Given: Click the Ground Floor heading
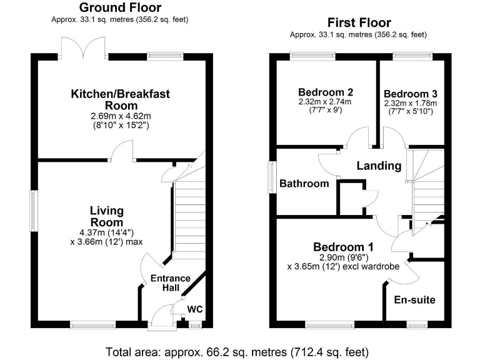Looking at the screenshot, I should (120, 8).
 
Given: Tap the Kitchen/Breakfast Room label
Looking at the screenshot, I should (120, 99).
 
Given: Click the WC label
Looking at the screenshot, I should (195, 309).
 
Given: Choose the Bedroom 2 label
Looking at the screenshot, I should (325, 90).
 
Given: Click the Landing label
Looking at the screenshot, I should (379, 166).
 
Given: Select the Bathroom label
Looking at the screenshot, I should (304, 183).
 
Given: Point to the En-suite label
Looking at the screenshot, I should (414, 300).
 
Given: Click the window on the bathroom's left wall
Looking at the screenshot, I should (272, 177).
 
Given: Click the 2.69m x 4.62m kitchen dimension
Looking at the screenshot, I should (120, 116).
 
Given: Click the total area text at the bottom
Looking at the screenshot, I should (241, 351).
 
